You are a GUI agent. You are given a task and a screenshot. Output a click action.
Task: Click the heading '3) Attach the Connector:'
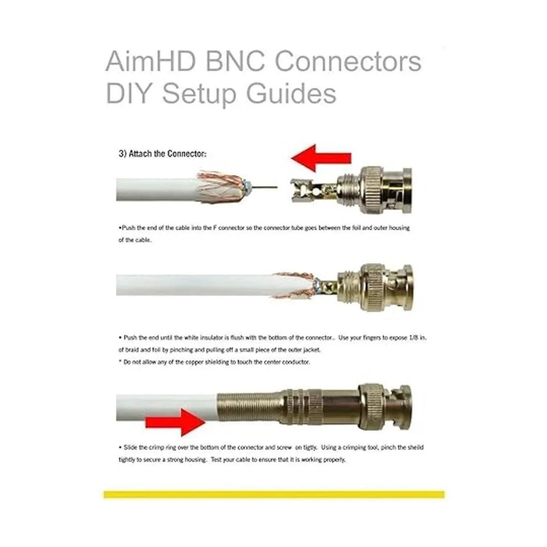point(163,154)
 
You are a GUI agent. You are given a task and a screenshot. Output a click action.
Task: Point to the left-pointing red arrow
point(321,158)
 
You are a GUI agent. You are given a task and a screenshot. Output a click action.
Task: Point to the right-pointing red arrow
point(175,423)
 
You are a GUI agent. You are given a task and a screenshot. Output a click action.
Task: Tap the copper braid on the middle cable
point(294,285)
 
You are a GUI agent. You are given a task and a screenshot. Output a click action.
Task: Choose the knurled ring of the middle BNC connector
point(379,287)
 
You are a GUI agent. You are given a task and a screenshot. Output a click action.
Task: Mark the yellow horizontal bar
point(274,494)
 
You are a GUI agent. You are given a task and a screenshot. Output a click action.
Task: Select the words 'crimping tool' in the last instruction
point(360,447)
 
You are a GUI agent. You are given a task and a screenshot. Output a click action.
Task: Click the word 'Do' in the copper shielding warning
point(127,362)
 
